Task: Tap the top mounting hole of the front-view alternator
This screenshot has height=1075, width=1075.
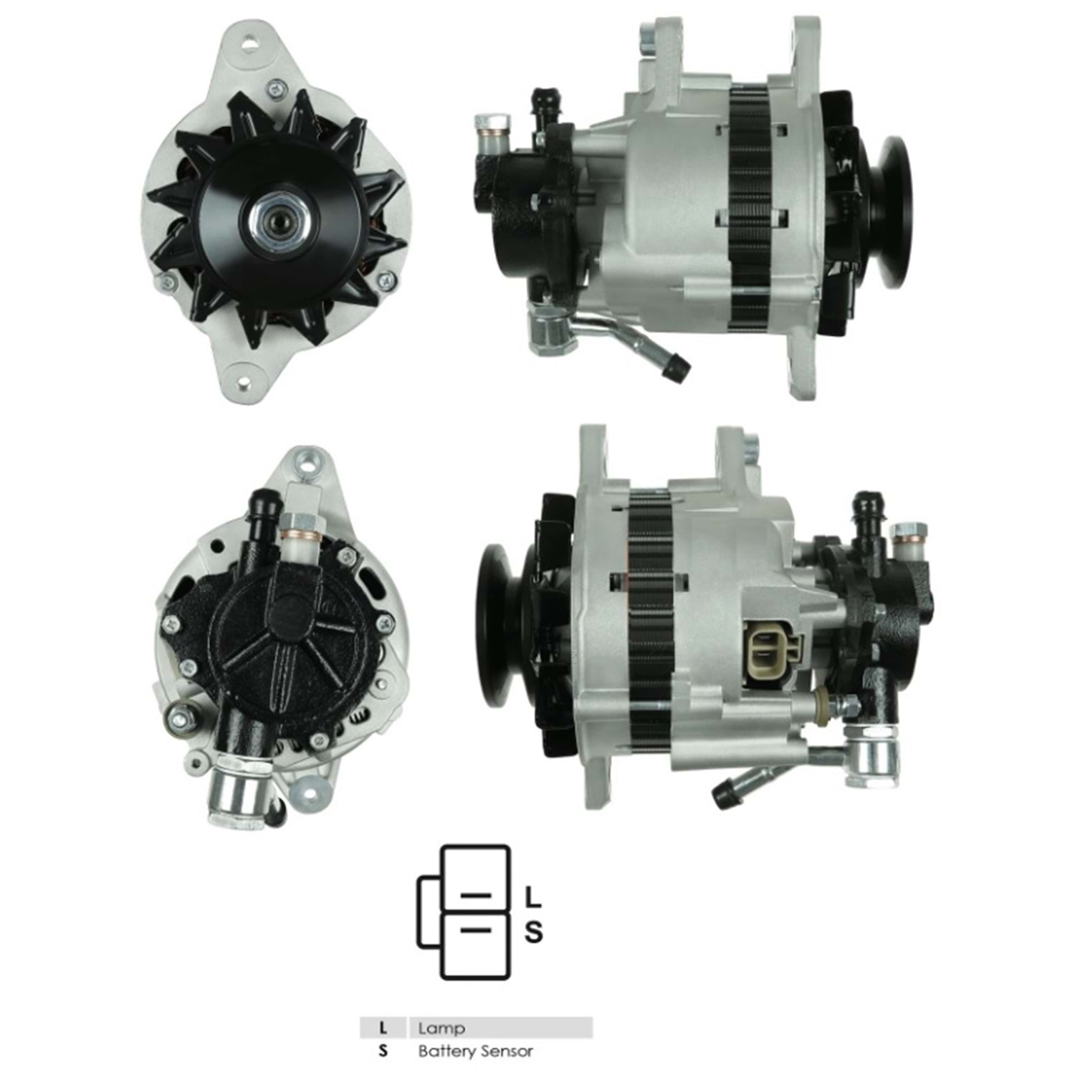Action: pos(249,42)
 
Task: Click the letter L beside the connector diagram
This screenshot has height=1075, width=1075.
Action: pos(533,897)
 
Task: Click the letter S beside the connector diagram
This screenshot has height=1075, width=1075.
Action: pos(534,932)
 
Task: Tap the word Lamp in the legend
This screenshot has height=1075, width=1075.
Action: pos(441,1028)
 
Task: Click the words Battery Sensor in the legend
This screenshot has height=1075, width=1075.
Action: pos(476,1051)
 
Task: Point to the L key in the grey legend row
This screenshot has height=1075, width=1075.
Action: pos(383,1028)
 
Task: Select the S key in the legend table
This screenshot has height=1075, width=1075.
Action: pos(383,1051)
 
